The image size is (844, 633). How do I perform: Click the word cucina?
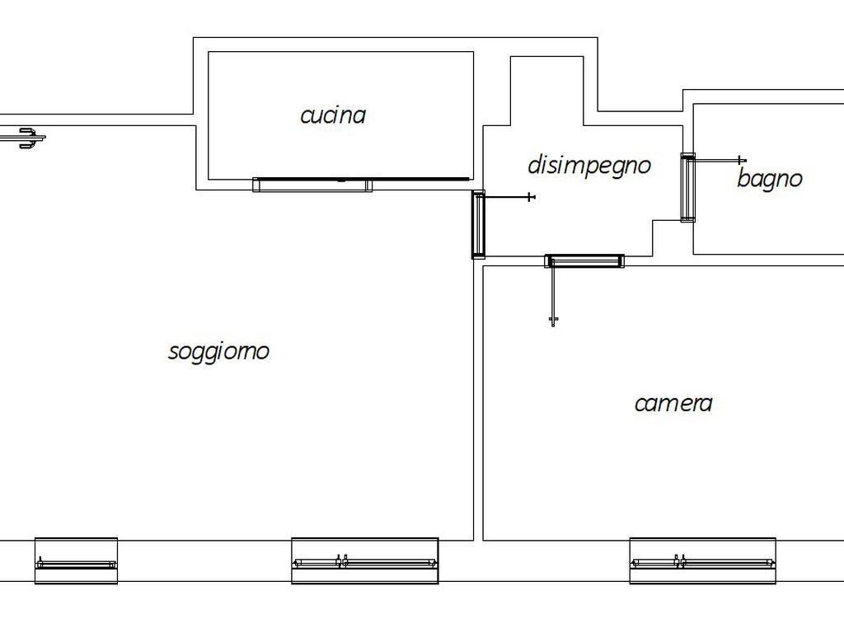pos(333,115)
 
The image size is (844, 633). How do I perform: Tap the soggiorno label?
pos(218,351)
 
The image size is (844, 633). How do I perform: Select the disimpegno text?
pos(589,165)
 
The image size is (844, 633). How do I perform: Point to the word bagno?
pos(769,179)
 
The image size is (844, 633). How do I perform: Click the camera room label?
pos(673,403)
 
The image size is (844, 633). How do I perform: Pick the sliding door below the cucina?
pos(312,185)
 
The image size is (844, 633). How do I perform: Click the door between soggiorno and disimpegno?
pos(478,224)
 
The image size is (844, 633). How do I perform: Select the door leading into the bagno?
pos(687,187)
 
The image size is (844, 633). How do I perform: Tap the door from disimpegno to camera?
pos(584,261)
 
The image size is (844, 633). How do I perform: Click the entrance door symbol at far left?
pos(28,138)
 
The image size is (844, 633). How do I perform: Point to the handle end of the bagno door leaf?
pos(742,160)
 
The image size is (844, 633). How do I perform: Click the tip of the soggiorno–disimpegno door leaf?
pos(530,197)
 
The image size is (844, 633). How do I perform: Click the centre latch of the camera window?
pos(679,561)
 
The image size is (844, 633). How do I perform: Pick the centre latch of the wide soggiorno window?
pos(345,561)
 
